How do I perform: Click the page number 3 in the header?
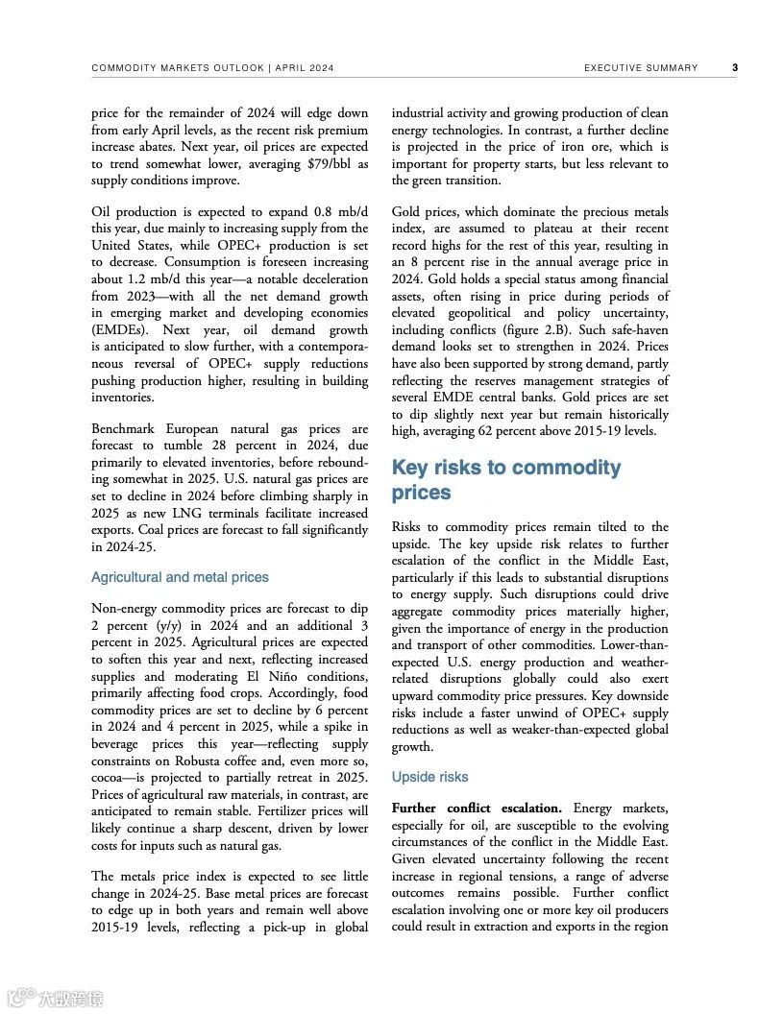(x=735, y=68)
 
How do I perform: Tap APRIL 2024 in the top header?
(x=306, y=68)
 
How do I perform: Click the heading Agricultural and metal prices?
(x=180, y=577)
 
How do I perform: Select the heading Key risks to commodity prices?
(x=506, y=480)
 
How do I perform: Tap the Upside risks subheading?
(x=429, y=776)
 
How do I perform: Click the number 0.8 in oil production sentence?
(x=325, y=211)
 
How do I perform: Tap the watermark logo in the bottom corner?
(x=56, y=998)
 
